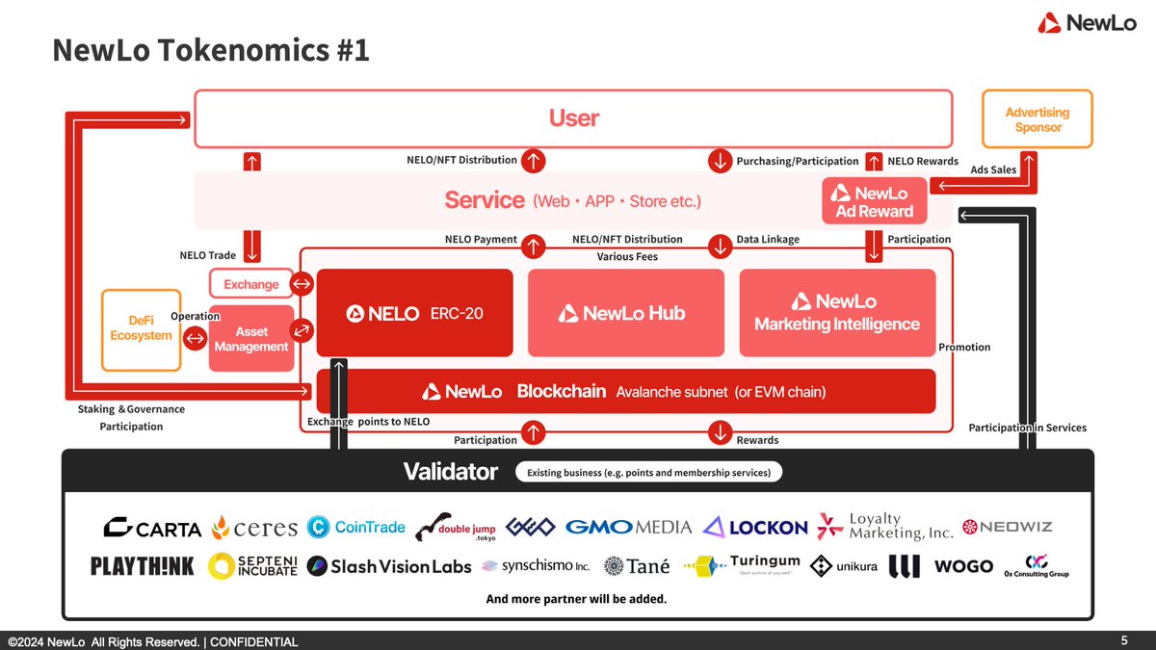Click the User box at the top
point(573,118)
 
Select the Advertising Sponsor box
point(1038,119)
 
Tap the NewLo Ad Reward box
point(874,202)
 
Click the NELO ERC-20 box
point(416,313)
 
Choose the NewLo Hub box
point(625,313)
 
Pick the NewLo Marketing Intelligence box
point(837,313)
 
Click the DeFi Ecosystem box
point(141,328)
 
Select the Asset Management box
point(251,338)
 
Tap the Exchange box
point(250,284)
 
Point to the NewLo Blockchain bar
point(626,392)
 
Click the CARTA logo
point(152,528)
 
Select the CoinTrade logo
point(356,527)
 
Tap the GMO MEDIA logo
point(628,527)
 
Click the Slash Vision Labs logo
point(389,566)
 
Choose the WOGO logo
point(963,566)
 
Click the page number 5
point(1124,640)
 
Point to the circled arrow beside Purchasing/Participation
point(720,161)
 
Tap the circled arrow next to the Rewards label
point(720,432)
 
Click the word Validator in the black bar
point(450,472)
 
